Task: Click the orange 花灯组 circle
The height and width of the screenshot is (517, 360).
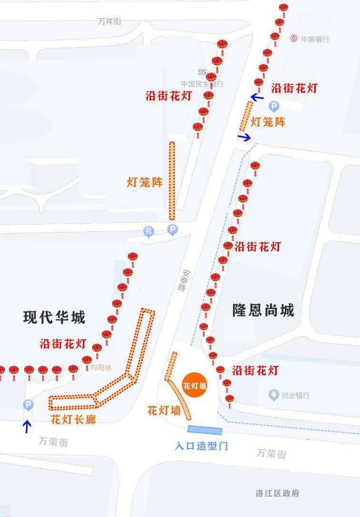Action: (194, 385)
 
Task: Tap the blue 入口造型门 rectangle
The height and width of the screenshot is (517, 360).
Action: (205, 430)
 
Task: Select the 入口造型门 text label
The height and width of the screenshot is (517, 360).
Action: (201, 446)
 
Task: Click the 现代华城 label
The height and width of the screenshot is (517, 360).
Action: (54, 317)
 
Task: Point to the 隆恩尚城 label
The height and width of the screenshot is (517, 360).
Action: (263, 310)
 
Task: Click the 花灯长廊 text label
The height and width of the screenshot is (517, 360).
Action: (73, 419)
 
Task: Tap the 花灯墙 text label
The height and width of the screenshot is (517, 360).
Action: (163, 410)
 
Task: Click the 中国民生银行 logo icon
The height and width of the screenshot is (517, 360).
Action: (202, 72)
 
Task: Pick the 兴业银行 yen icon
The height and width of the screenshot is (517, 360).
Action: (273, 395)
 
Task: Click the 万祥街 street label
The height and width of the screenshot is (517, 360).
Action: (110, 21)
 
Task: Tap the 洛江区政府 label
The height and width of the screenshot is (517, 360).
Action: (278, 493)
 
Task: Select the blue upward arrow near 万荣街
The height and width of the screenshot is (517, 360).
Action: (27, 426)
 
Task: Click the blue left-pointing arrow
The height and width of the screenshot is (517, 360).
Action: (257, 98)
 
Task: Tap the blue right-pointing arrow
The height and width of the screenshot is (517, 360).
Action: (244, 138)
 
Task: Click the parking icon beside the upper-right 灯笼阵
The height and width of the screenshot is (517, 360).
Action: (274, 107)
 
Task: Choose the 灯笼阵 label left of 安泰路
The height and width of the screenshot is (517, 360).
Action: (145, 182)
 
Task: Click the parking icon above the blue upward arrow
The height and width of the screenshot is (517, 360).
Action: (28, 405)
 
